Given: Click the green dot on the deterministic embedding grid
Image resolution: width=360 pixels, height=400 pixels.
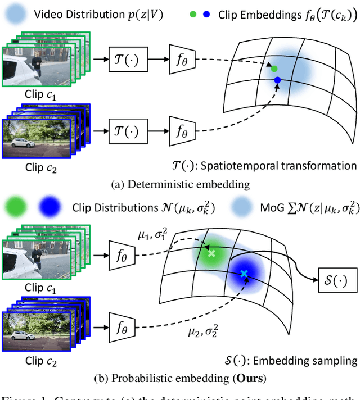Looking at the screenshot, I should click(274, 69).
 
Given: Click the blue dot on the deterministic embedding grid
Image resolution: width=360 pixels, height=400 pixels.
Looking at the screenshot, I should click(277, 81).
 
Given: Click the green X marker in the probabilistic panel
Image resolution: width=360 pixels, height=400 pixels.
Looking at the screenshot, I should click(211, 253).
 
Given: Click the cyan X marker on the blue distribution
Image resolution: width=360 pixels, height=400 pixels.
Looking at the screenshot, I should click(244, 274).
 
